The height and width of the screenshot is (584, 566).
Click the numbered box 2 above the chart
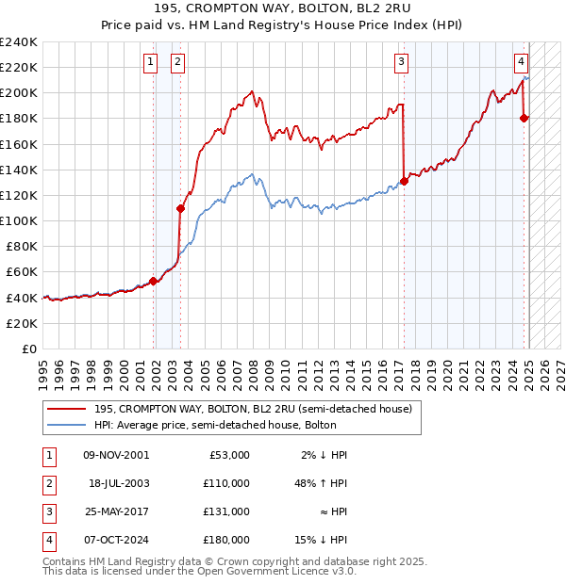[177, 62]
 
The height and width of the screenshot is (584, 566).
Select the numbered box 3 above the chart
[402, 62]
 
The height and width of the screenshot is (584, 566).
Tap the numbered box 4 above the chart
[521, 62]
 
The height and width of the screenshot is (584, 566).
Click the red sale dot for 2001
[154, 281]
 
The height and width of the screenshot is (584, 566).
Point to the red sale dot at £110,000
[180, 208]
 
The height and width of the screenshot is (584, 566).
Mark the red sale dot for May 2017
[404, 181]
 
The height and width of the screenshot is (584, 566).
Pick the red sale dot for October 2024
[524, 118]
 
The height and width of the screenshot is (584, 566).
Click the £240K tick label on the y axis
[19, 42]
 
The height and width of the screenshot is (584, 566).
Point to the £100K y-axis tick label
[19, 220]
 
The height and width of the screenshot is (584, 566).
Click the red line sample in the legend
[67, 410]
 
